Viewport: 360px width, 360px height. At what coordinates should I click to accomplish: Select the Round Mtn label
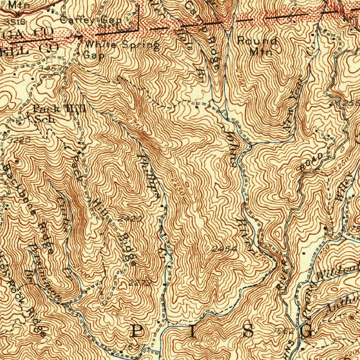(x=257, y=46)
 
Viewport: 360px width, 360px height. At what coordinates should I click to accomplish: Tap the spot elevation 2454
(x=225, y=249)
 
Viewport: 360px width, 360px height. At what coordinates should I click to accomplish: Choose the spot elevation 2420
(x=130, y=219)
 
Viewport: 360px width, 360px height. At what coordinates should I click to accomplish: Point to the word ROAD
(x=311, y=162)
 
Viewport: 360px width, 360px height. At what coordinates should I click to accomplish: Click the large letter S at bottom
(x=248, y=331)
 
